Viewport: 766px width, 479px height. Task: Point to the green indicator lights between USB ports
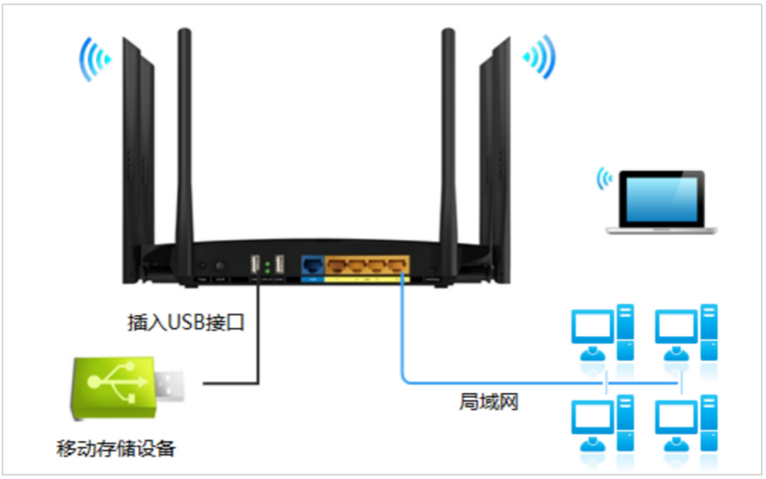point(268,266)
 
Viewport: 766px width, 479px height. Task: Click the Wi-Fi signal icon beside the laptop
point(605,179)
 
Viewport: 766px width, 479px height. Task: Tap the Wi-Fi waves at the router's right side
point(540,58)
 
